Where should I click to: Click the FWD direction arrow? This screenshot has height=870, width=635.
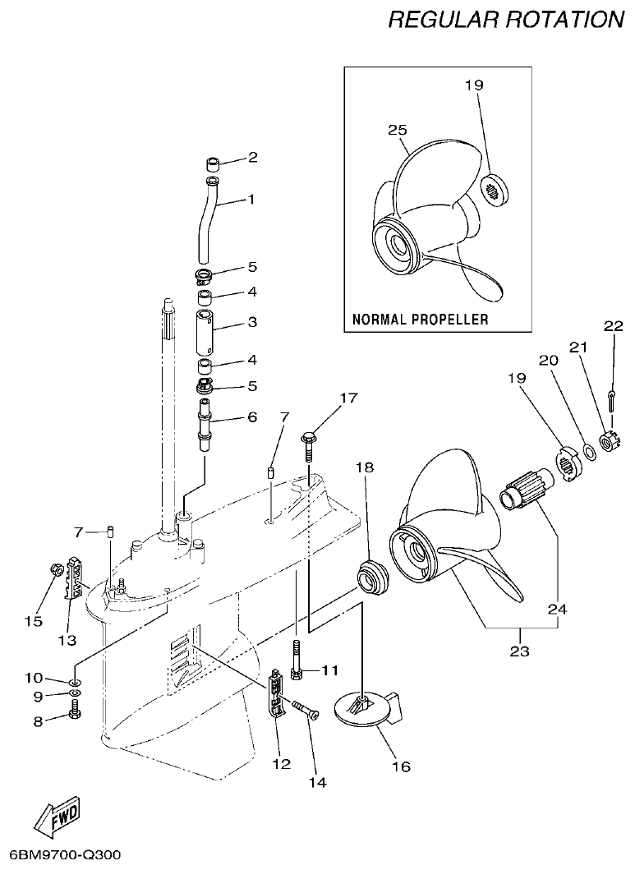58,815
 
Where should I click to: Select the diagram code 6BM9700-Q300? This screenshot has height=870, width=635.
61,855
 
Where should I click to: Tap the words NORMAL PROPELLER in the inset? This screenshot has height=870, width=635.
420,318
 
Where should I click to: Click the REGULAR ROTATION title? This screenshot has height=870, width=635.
505,19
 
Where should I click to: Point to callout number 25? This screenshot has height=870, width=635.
398,130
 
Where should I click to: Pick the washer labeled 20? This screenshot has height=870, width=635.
589,451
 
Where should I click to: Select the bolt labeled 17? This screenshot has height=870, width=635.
310,443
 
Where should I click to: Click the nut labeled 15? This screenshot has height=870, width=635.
55,569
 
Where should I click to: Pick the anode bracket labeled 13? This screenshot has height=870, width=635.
75,578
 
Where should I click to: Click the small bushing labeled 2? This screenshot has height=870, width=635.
212,159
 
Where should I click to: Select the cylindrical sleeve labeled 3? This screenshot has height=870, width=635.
209,329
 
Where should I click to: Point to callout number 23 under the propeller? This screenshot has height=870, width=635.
520,651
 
